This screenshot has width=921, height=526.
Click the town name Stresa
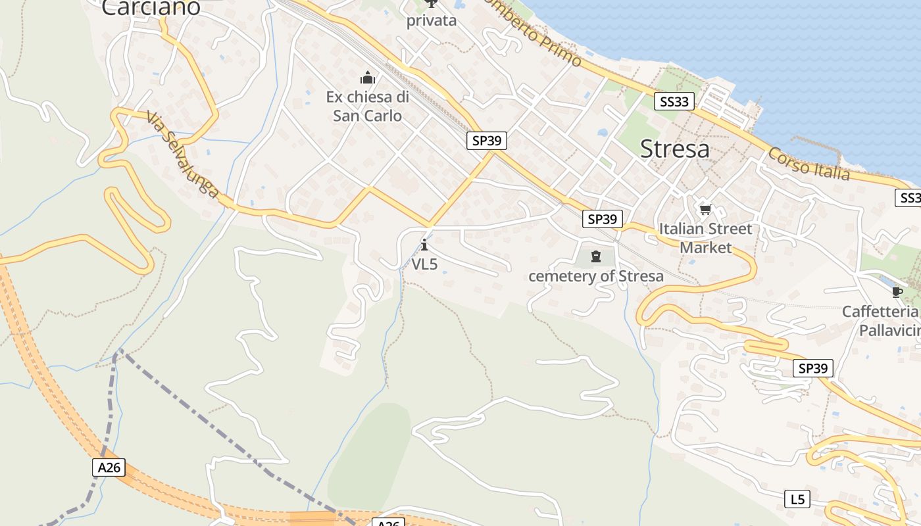point(675,149)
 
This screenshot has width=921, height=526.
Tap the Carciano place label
point(151,8)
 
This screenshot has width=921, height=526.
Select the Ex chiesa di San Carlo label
point(367,107)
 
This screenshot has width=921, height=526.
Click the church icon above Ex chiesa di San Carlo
point(368,78)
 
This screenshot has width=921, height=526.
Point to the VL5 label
point(424,264)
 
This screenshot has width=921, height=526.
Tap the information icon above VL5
point(424,245)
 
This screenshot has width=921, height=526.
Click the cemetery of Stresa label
point(596,276)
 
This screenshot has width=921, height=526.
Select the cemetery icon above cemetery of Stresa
point(596,256)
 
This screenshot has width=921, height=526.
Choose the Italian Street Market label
point(705,238)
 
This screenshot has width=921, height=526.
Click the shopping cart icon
point(705,210)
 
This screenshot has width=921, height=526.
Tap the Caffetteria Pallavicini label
point(882,321)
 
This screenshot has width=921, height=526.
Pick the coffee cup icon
point(896,292)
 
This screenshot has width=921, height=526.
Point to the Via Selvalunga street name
point(182,155)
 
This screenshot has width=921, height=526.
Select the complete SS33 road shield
point(674,101)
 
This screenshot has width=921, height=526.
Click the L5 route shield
point(797,500)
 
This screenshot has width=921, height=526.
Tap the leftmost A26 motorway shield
point(109,467)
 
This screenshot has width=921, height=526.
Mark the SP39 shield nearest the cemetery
point(602,219)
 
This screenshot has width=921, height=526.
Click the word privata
point(431,20)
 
